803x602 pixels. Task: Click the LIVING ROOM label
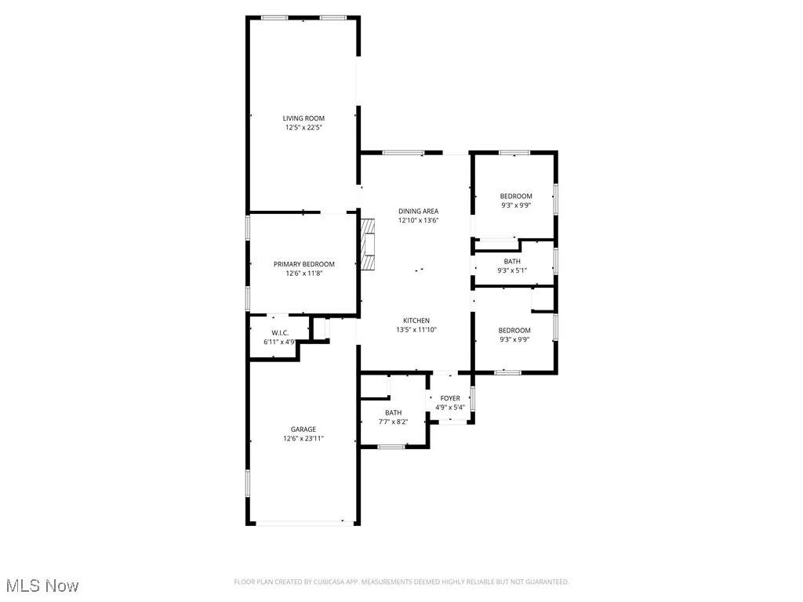tap(303, 118)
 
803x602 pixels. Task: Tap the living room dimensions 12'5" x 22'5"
tap(303, 127)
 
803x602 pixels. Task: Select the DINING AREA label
tap(418, 211)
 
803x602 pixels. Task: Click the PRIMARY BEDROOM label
tap(303, 264)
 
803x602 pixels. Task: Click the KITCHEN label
tap(416, 321)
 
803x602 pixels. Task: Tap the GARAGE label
tap(303, 430)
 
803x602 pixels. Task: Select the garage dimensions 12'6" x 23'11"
tap(303, 439)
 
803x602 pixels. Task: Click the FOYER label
tap(450, 398)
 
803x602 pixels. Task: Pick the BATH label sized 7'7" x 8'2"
tap(393, 413)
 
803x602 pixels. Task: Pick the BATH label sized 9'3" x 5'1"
tap(512, 262)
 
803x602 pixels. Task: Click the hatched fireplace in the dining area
tap(368, 244)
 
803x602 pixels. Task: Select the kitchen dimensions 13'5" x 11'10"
tap(416, 330)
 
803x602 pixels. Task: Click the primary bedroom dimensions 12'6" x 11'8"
tap(303, 274)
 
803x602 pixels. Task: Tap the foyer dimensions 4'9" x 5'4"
tap(450, 408)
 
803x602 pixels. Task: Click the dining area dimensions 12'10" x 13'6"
tap(418, 220)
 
